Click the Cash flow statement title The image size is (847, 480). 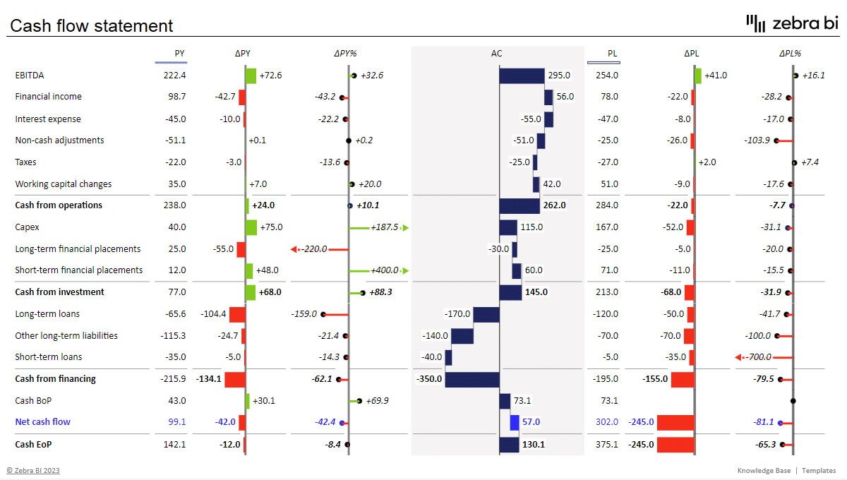91,26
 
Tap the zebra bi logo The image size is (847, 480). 792,23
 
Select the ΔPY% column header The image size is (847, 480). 345,53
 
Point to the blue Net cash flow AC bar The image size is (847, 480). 515,422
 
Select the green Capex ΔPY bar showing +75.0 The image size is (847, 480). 251,227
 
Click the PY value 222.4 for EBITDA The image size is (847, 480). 174,75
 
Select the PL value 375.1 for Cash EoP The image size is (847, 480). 606,445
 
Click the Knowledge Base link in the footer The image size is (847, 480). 764,471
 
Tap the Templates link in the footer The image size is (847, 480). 819,471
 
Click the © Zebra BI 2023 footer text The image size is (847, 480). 33,471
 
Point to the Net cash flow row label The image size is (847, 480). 42,422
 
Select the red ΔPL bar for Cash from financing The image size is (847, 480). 683,379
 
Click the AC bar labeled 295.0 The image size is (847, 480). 522,76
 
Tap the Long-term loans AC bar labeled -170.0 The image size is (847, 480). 486,314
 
